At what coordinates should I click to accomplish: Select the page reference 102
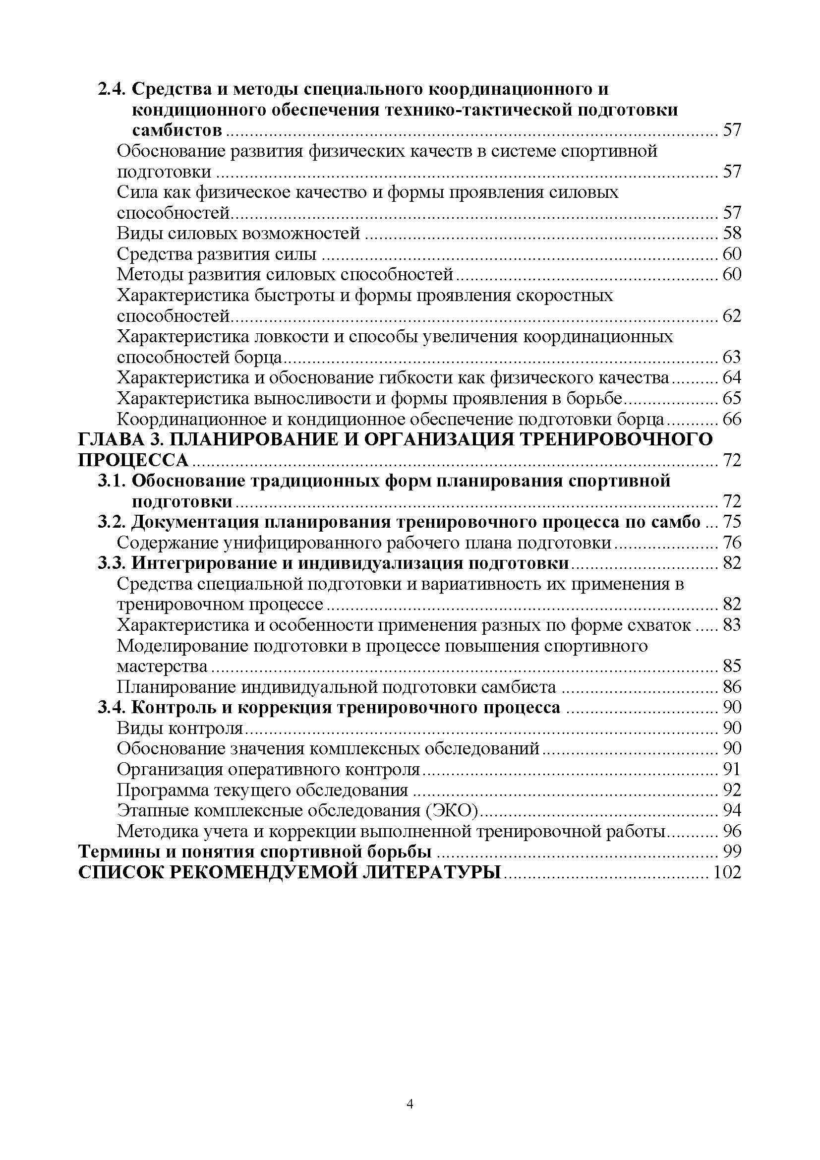pyautogui.click(x=726, y=872)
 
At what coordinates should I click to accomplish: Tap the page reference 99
pyautogui.click(x=732, y=852)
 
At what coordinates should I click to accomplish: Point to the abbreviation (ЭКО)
pyautogui.click(x=452, y=810)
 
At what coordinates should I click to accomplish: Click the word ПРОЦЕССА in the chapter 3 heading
pyautogui.click(x=133, y=460)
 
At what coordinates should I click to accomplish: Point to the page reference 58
pyautogui.click(x=732, y=233)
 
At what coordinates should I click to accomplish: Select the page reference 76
pyautogui.click(x=732, y=543)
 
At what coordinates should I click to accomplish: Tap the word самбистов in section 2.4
pyautogui.click(x=176, y=130)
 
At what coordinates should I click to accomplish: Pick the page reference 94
pyautogui.click(x=732, y=810)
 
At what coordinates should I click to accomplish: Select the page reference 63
pyautogui.click(x=732, y=357)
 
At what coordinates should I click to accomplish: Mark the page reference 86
pyautogui.click(x=732, y=687)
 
